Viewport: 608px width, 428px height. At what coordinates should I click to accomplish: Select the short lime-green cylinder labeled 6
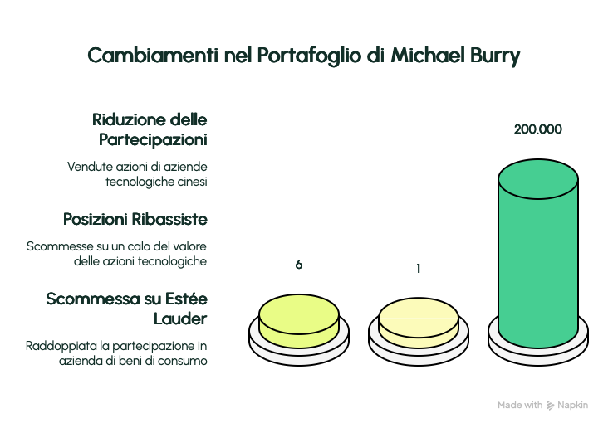point(298,320)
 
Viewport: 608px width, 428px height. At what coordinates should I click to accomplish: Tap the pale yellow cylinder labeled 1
point(419,322)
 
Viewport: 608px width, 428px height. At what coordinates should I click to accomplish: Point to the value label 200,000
point(537,129)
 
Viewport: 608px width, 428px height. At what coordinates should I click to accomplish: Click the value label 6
point(298,265)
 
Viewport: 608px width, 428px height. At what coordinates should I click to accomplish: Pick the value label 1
point(419,269)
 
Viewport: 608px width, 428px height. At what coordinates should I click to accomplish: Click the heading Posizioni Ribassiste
point(135,220)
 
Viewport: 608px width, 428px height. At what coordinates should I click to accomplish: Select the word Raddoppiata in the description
point(53,344)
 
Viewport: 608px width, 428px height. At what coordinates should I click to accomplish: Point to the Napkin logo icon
point(550,406)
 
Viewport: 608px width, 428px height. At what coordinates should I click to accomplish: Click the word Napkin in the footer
point(573,406)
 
